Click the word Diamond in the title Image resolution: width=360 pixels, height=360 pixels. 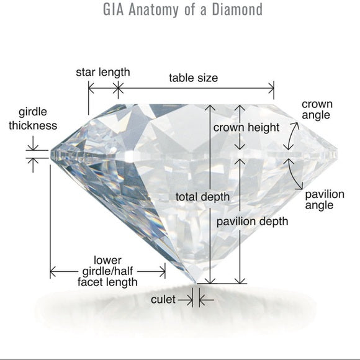point(237,10)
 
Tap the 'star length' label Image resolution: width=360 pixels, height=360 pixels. point(103,73)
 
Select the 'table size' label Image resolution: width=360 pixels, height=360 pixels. point(193,78)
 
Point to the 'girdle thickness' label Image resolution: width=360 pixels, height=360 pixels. point(33,119)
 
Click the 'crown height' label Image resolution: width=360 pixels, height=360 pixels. point(246,127)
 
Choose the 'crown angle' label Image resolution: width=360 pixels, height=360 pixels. point(317,110)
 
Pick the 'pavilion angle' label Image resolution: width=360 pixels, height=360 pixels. point(325,199)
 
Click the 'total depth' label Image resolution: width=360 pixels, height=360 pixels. point(202,197)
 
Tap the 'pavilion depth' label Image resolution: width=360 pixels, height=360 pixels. point(252,222)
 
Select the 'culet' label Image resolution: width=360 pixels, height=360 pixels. point(163,299)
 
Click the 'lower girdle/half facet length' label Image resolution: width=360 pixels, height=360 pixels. point(107,271)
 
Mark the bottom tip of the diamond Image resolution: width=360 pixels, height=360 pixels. point(196,283)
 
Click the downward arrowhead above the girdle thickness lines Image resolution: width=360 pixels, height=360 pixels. point(33,147)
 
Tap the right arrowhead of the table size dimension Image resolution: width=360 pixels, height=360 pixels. point(271,88)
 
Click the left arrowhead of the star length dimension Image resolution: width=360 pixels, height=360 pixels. point(91,88)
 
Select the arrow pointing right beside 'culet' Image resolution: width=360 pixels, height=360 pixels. point(186,300)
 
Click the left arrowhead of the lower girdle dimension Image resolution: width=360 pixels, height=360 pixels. point(53,272)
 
